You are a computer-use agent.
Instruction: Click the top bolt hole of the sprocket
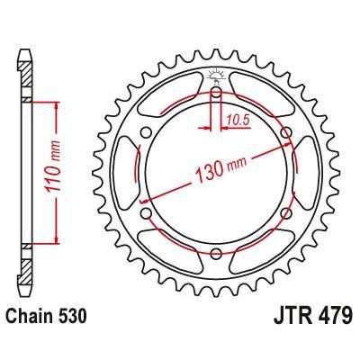[x=216, y=91]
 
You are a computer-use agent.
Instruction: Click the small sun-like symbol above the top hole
[x=216, y=74]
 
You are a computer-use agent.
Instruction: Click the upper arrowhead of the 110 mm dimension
[x=57, y=103]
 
